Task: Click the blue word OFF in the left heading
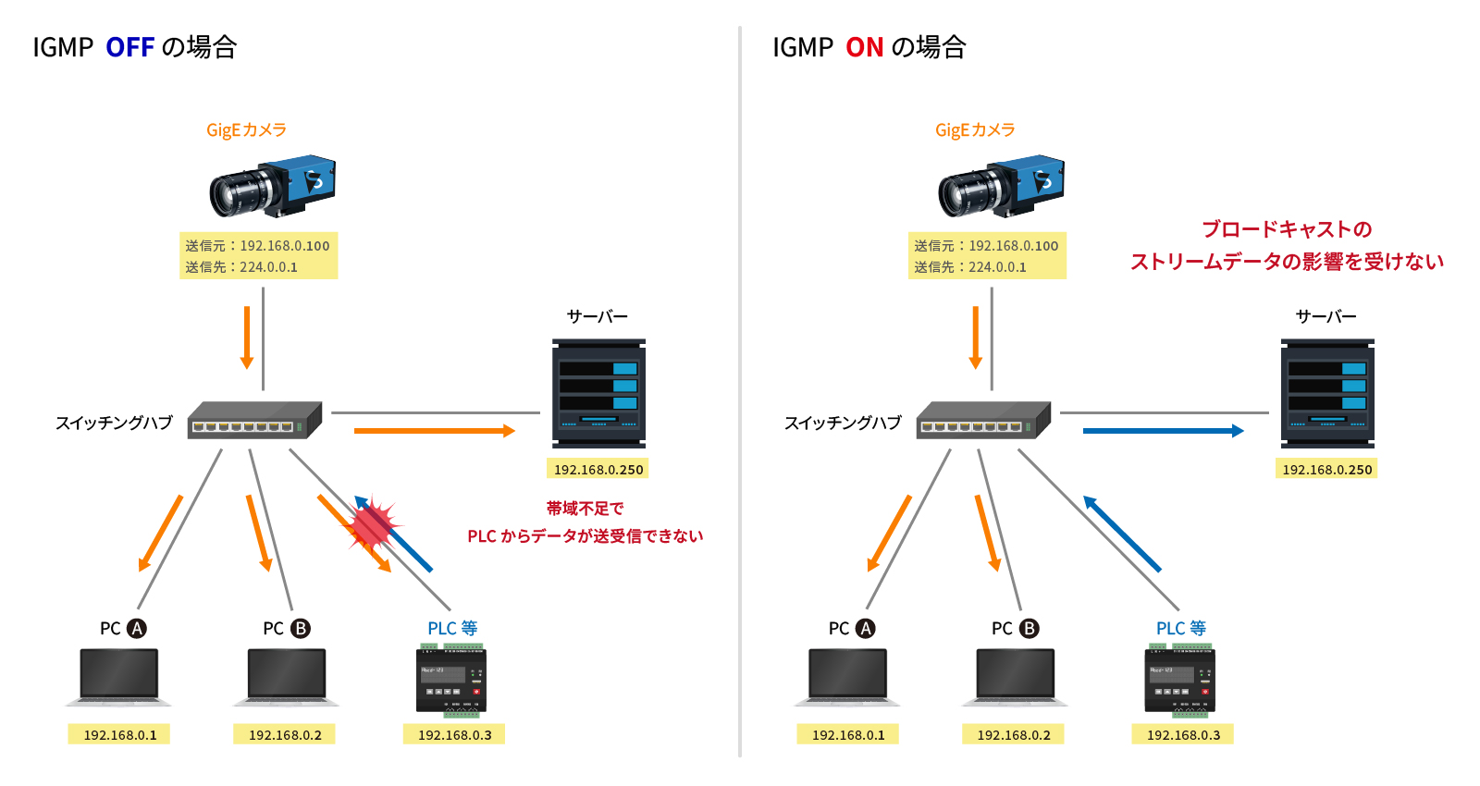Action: point(129,47)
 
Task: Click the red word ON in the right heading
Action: point(864,47)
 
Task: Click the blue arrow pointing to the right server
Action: point(1163,431)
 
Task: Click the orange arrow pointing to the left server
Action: point(434,431)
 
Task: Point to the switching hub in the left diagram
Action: point(254,421)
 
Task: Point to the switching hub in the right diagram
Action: point(983,421)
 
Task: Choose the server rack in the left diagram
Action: point(598,393)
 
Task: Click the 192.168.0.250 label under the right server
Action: point(1326,470)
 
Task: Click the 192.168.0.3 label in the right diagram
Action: point(1183,735)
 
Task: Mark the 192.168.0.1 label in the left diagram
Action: point(119,735)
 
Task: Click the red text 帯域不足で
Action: point(585,509)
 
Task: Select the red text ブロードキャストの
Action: point(1286,229)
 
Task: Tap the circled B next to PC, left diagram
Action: point(301,629)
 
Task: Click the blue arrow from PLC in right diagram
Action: point(1121,534)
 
